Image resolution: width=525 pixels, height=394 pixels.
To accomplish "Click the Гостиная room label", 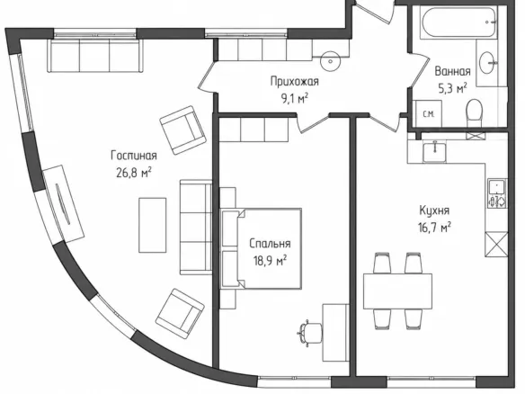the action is (x=134, y=156).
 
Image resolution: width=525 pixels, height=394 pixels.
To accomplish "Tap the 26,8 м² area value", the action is (x=134, y=173).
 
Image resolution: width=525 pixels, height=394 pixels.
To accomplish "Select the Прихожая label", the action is (x=295, y=82).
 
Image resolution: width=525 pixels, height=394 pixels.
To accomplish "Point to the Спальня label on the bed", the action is (x=270, y=244).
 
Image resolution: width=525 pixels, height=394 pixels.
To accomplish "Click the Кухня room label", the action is (x=434, y=210).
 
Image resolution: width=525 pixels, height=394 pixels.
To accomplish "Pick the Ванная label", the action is (x=452, y=71).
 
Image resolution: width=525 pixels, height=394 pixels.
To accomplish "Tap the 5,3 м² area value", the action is (x=453, y=89).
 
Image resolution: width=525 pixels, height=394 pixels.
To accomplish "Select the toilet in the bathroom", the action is (x=474, y=109).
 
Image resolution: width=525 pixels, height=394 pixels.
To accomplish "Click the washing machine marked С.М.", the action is (x=427, y=113).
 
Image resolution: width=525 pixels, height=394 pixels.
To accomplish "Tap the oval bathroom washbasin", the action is (x=487, y=62).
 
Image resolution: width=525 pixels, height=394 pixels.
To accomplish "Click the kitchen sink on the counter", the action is (x=434, y=152).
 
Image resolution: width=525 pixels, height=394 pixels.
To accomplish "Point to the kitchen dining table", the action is (x=397, y=291).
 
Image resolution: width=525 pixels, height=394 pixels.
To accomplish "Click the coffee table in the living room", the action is (x=153, y=225).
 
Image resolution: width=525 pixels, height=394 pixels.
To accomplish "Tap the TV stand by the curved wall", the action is (x=63, y=203).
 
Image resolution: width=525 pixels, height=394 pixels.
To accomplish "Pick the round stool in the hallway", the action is (x=331, y=61).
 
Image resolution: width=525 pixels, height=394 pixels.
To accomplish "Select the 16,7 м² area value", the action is (x=434, y=228).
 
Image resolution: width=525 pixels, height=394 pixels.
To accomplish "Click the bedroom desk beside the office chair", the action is (x=336, y=333).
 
